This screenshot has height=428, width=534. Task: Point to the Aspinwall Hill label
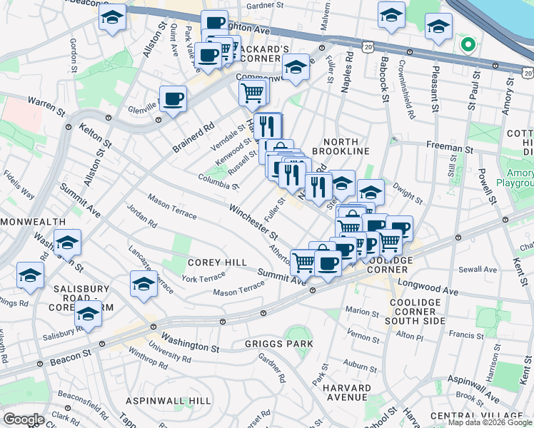point(167,402)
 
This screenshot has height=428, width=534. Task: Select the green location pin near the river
point(468,46)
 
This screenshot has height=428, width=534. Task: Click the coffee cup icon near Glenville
point(173,98)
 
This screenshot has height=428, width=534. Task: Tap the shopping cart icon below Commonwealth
point(253,92)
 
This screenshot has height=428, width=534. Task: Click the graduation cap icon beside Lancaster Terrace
point(143,283)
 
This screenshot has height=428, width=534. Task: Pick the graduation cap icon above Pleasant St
point(439,27)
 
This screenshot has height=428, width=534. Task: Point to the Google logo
point(24,419)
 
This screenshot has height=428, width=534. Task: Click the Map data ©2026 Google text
point(489,422)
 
